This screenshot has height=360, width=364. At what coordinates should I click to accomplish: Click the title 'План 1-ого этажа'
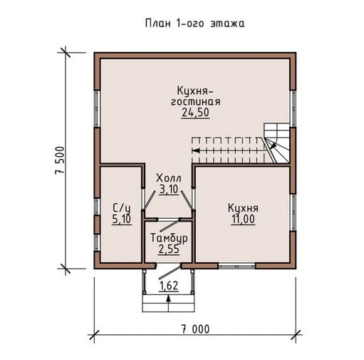point(194,24)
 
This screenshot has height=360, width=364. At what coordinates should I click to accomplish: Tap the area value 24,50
point(195,113)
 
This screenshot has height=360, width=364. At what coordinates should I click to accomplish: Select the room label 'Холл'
point(169,178)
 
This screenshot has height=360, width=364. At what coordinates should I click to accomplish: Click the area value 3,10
point(169,189)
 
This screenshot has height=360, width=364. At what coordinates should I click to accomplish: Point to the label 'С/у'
point(121,208)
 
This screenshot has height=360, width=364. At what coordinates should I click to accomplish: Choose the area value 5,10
point(121,219)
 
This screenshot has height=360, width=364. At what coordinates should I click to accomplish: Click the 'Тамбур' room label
point(169,238)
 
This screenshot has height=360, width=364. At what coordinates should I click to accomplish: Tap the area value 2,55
point(169,250)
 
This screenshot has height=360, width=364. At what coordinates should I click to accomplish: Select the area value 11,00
point(243,219)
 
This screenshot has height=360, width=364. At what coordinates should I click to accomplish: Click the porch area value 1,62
point(169,286)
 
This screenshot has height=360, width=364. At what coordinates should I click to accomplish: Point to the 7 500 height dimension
point(60,160)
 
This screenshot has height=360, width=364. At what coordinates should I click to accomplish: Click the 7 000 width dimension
point(196,329)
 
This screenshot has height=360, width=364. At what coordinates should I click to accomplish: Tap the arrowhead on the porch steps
point(169,299)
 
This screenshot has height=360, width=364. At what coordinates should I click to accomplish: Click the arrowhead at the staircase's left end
point(195,150)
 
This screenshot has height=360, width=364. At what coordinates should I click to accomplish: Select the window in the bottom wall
point(237,267)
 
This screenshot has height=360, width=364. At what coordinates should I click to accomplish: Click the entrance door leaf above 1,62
point(170,272)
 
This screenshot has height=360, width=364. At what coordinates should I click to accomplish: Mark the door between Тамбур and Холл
point(170,225)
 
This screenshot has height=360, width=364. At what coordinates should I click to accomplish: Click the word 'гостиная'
point(196,102)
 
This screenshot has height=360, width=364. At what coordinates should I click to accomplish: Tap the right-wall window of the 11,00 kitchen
point(293,212)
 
